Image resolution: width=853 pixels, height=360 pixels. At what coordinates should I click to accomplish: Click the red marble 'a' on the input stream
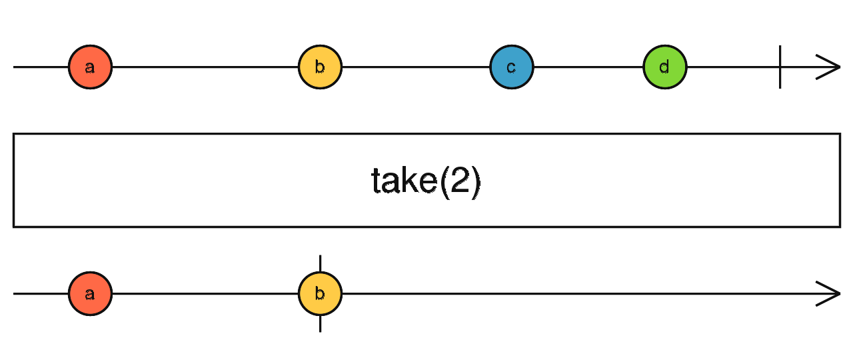coord(90,67)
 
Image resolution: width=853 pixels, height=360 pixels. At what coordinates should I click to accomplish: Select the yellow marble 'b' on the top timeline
coord(320,67)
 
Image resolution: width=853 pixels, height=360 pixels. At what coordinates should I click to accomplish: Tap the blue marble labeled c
coord(511,67)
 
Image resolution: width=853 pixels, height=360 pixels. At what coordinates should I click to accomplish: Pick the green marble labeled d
coord(664,67)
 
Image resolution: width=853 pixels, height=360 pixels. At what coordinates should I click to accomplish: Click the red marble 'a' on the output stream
coord(90,293)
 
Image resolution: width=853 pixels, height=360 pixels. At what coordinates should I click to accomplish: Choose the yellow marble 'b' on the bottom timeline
coord(320,293)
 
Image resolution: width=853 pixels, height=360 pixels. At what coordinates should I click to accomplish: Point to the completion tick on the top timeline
coord(780,67)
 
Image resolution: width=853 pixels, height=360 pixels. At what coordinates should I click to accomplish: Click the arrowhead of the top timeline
coord(830,67)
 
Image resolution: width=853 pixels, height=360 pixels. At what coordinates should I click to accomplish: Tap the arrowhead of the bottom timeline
coord(830,293)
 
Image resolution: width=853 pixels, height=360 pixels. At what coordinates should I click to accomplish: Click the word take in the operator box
coord(399,181)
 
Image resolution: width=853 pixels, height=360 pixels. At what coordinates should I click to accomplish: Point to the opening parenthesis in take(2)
coord(443,181)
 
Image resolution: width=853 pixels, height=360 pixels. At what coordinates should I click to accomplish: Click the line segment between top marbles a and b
coord(205,67)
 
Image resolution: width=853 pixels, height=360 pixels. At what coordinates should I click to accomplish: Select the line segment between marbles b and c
coord(416,67)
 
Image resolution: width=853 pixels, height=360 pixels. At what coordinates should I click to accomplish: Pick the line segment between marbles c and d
coord(588,67)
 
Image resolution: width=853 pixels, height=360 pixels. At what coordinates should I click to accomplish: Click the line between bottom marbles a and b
coord(205,293)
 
